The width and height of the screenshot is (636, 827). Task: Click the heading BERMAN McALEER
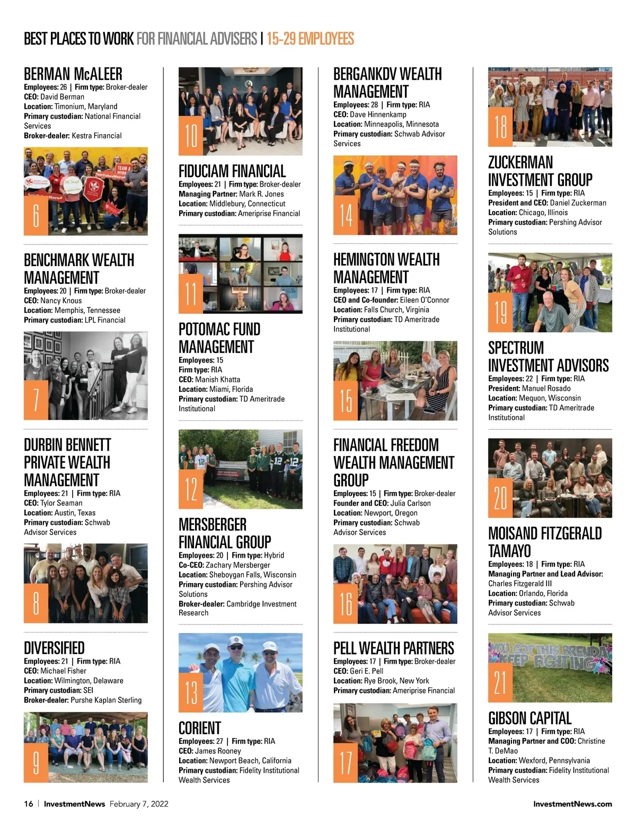pyautogui.click(x=73, y=74)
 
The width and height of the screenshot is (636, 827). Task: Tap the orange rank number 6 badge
pyautogui.click(x=36, y=215)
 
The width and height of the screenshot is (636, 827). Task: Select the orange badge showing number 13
pyautogui.click(x=191, y=692)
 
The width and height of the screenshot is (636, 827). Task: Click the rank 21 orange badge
pyautogui.click(x=500, y=682)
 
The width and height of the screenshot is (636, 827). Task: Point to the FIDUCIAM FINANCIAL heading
pyautogui.click(x=232, y=171)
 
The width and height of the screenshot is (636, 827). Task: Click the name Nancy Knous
pyautogui.click(x=61, y=301)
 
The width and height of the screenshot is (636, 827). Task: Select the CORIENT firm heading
pyautogui.click(x=200, y=728)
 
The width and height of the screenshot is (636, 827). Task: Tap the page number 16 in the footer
pyautogui.click(x=29, y=804)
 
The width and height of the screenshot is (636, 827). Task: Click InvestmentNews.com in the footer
pyautogui.click(x=572, y=804)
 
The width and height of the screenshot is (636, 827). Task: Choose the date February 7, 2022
pyautogui.click(x=139, y=804)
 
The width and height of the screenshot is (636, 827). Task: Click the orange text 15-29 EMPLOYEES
pyautogui.click(x=310, y=39)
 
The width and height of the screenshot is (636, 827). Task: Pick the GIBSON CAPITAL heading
pyautogui.click(x=529, y=718)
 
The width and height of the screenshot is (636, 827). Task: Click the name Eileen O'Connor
pyautogui.click(x=425, y=300)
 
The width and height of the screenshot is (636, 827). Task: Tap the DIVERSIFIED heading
pyautogui.click(x=54, y=648)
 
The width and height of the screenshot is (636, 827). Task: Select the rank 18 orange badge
pyautogui.click(x=500, y=127)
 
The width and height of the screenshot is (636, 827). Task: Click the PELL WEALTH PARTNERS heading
pyautogui.click(x=393, y=648)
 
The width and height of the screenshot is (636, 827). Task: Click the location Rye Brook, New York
pyautogui.click(x=396, y=681)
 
